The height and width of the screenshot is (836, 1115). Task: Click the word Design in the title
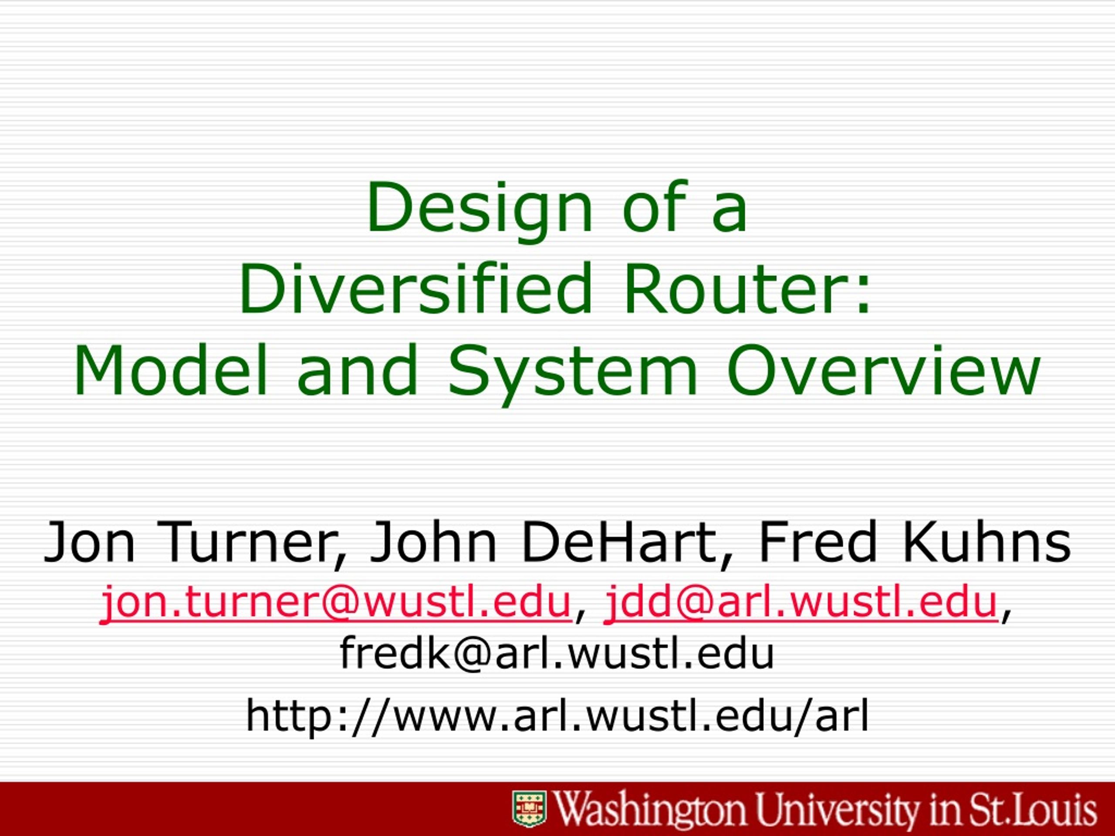[480, 211]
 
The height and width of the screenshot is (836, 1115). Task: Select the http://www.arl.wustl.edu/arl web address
[557, 716]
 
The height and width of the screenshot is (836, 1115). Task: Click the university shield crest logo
[529, 809]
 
